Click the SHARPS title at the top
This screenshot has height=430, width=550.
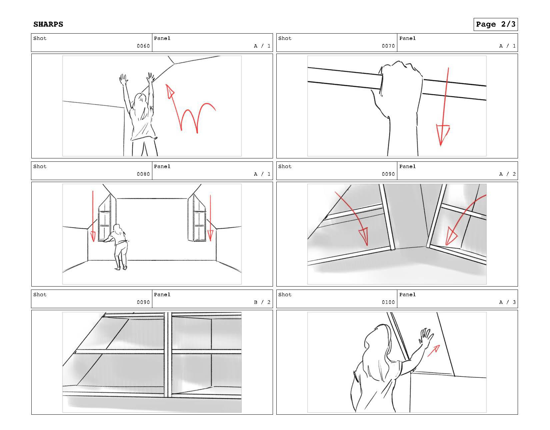(48, 24)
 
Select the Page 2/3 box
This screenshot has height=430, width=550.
(495, 24)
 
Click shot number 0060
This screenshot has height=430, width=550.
(143, 46)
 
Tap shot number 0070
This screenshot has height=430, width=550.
(388, 46)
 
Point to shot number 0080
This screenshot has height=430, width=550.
(143, 174)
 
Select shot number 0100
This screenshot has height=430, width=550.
(388, 302)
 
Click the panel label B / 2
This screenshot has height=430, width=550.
(262, 302)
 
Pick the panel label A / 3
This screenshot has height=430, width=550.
(507, 302)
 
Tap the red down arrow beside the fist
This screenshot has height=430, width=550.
(444, 110)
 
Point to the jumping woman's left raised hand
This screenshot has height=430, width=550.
(123, 80)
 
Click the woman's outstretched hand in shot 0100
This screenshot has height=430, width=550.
(426, 337)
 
